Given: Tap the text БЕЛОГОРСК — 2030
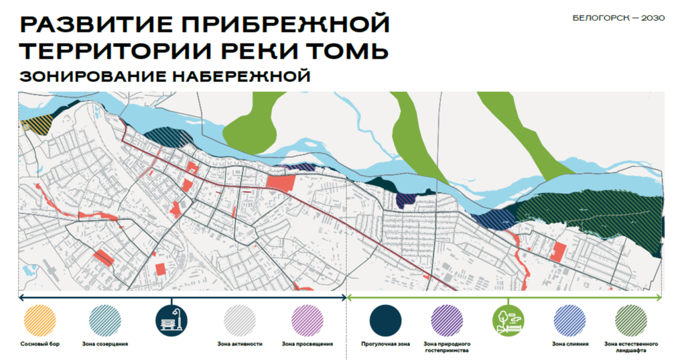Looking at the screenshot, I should [x=619, y=18].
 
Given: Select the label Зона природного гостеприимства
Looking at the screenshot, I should [x=445, y=347].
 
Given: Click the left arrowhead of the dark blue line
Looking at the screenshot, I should [x=21, y=297].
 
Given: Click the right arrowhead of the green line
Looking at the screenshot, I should [x=660, y=297].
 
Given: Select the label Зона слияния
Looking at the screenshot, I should [x=570, y=344].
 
